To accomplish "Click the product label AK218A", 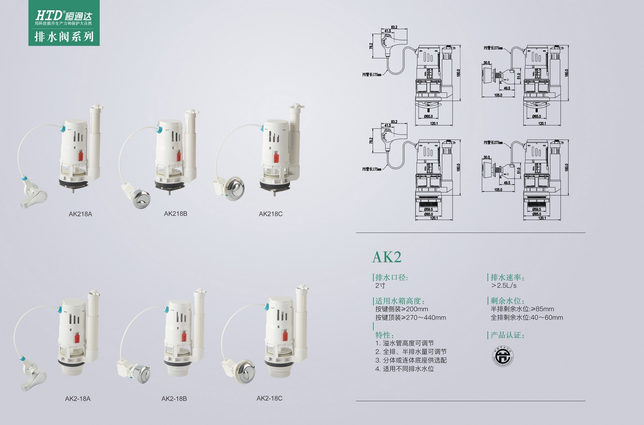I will click(x=80, y=214).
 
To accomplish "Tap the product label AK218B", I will click(x=176, y=213).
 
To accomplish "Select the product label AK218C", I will click(x=271, y=214).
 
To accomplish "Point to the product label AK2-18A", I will click(x=78, y=398).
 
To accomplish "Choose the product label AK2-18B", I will click(x=174, y=398).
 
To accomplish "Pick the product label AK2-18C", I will click(x=269, y=398).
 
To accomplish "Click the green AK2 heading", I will click(x=387, y=257).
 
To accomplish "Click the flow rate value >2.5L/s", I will click(x=504, y=286).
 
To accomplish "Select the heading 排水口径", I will click(x=391, y=277).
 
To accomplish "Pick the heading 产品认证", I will click(x=507, y=335).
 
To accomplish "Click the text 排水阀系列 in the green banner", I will click(x=64, y=36).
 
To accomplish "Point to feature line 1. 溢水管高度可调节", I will click(x=404, y=343).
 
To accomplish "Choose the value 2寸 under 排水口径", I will click(x=380, y=286).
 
